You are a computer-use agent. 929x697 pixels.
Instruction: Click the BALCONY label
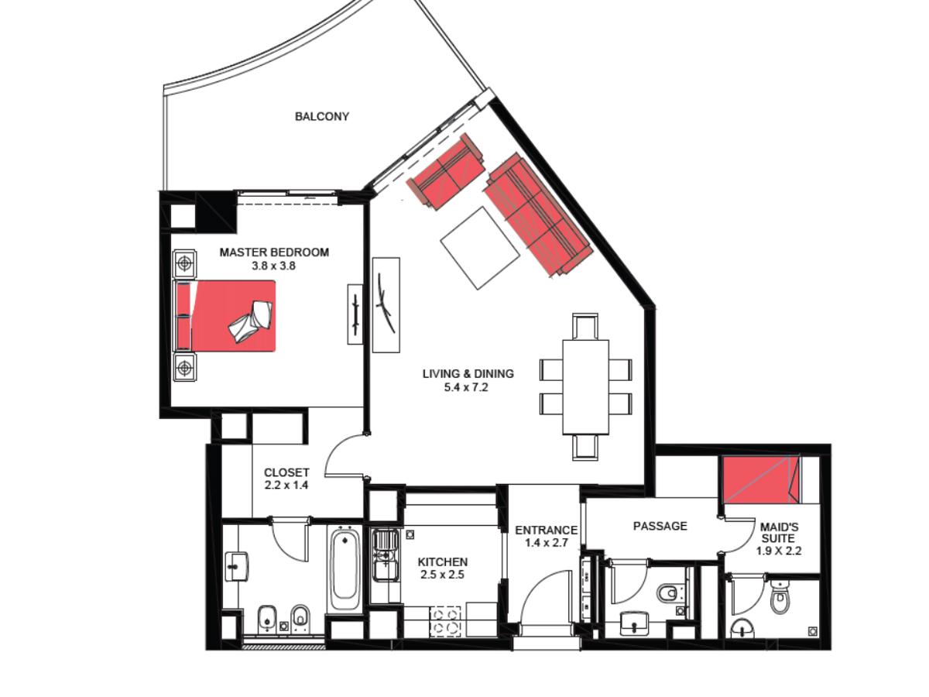[321, 117]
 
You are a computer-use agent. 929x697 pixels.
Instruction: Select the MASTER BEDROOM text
[274, 252]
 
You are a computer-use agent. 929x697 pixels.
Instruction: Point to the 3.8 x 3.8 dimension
[274, 266]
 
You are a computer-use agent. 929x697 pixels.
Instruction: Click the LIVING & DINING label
[468, 374]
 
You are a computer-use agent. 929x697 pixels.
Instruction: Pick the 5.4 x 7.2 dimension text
[468, 387]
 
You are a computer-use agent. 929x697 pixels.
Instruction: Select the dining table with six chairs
[585, 386]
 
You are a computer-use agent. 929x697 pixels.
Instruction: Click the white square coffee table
[480, 249]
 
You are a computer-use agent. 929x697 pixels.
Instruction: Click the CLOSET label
[286, 472]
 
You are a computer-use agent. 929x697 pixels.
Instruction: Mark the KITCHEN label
[442, 562]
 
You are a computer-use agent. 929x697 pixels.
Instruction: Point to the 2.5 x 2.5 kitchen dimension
[442, 575]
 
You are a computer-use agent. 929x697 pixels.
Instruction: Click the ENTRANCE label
[546, 530]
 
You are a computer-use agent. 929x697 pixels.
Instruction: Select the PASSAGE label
[660, 526]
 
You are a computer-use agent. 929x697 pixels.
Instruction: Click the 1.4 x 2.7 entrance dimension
[546, 543]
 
